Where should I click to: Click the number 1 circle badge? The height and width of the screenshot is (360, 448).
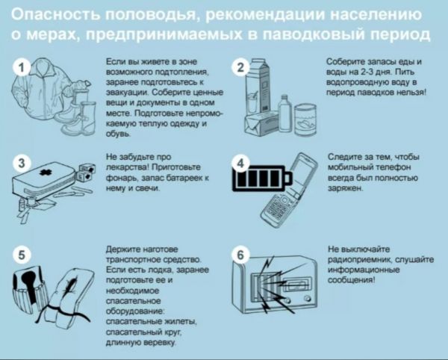pyautogui.click(x=22, y=67)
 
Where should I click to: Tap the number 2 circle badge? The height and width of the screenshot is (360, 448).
pyautogui.click(x=240, y=69)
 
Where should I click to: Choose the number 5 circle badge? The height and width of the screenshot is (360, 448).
pyautogui.click(x=22, y=255)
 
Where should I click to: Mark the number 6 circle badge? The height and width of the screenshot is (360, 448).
pyautogui.click(x=240, y=255)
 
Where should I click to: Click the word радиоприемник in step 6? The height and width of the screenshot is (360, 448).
pyautogui.click(x=361, y=260)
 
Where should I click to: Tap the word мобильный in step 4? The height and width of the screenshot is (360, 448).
pyautogui.click(x=353, y=169)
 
